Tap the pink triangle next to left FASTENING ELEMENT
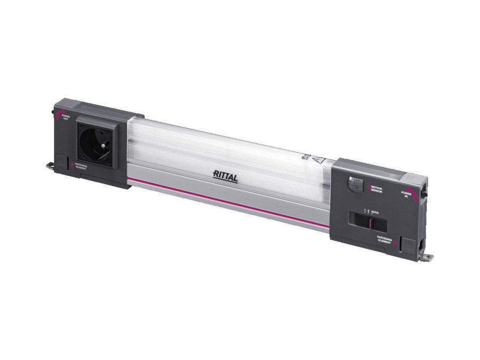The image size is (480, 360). coord(73,165)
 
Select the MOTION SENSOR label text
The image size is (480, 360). coord(377,189)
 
